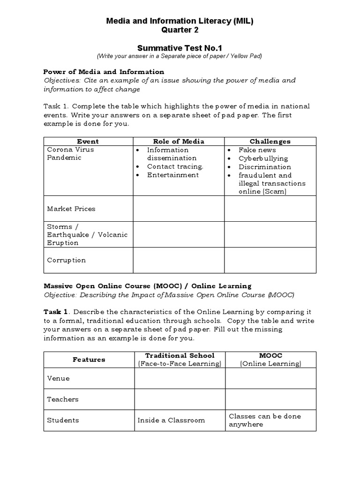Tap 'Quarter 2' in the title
pos(180,30)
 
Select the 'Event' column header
pos(88,141)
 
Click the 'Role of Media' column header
pos(179,141)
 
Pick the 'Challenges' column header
pos(270,141)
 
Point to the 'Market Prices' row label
pos(71,209)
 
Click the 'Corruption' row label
pos(66,260)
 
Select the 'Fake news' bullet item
pos(257,150)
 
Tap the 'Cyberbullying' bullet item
pos(263,158)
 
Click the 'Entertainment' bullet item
pos(172,175)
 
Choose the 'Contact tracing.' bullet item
pos(175,166)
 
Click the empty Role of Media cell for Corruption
pos(179,260)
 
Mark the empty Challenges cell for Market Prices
pos(270,209)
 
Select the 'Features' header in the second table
pos(89,360)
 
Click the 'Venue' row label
pos(58,378)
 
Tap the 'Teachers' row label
pos(63,399)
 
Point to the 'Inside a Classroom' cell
pos(171,420)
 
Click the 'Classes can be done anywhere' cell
pos(265,420)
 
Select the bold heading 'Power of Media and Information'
pos(104,72)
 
